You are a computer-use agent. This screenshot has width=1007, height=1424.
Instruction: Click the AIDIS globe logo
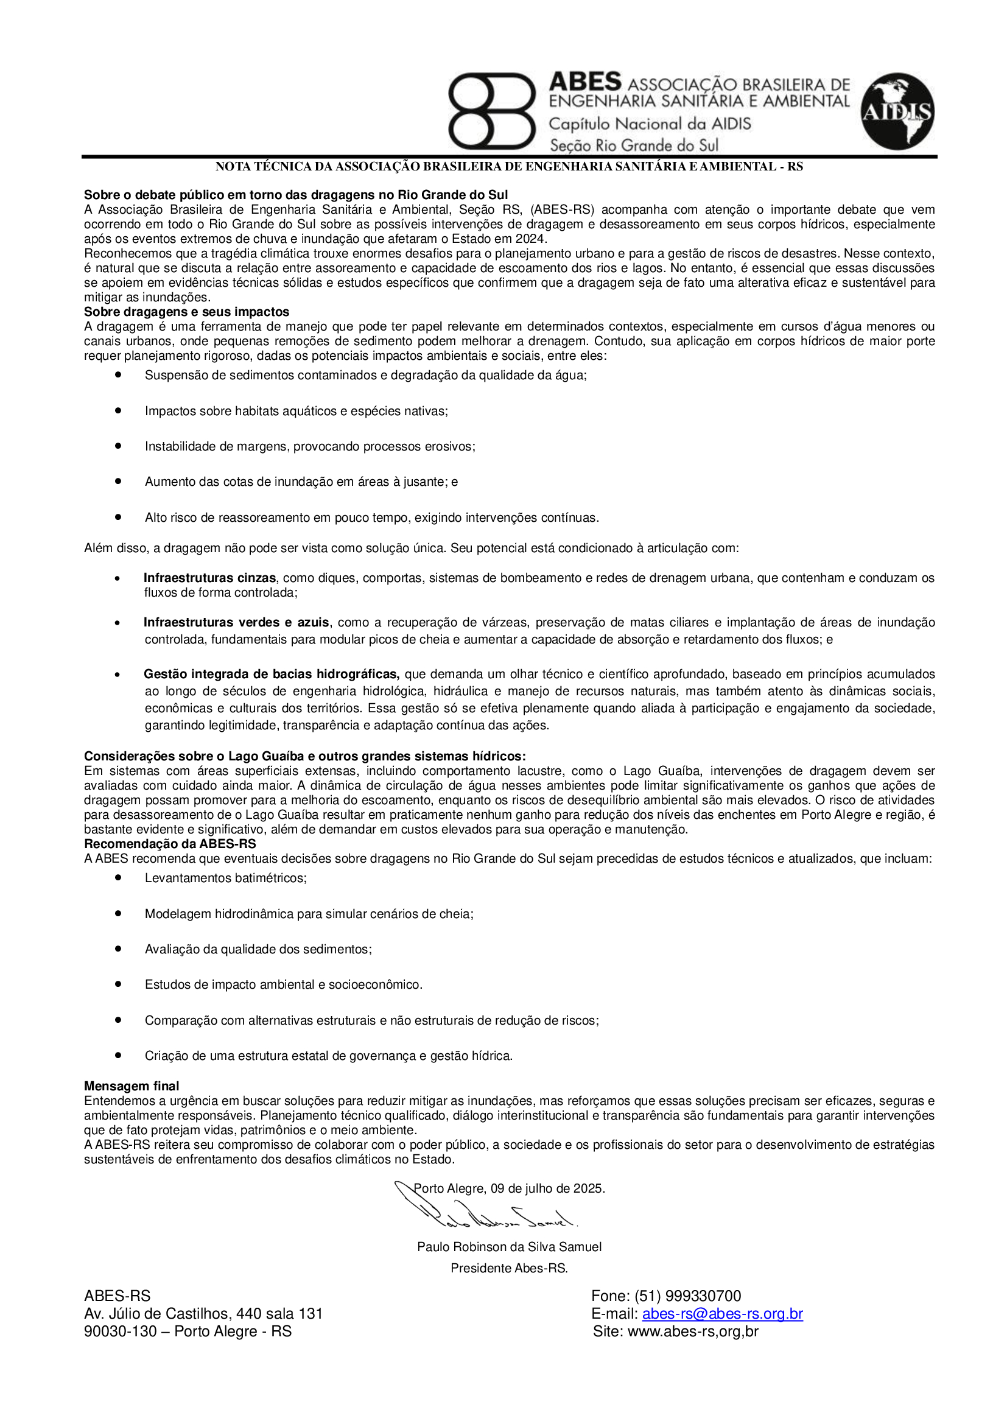tap(897, 111)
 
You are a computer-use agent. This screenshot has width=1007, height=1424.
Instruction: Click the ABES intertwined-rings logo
tap(491, 111)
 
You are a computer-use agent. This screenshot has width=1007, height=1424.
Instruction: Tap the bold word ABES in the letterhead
tap(584, 82)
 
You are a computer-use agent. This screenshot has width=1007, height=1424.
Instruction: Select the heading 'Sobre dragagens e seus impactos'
tap(187, 312)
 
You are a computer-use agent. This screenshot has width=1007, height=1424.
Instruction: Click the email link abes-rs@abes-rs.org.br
tap(723, 1314)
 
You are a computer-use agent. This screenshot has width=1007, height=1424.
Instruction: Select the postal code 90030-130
tap(121, 1331)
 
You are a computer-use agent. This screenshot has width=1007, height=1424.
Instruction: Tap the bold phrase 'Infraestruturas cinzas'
tap(209, 578)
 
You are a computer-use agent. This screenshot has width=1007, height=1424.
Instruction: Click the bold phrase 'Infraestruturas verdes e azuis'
tap(236, 623)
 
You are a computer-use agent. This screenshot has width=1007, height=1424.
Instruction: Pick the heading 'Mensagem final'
tap(132, 1086)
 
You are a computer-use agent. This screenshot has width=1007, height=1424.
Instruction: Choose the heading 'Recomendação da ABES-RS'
tap(170, 843)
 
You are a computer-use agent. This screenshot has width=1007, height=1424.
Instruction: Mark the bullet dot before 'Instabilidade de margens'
tap(118, 446)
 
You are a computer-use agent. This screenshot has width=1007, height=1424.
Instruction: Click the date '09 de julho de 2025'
tap(547, 1188)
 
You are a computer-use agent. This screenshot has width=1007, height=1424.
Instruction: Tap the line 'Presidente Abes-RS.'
tap(509, 1268)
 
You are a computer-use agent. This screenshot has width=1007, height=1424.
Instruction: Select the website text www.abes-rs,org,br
tap(693, 1331)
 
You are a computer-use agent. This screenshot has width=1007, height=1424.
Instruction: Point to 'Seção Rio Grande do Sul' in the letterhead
tap(634, 146)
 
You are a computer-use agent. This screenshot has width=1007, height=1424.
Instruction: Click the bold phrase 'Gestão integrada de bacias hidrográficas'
tap(271, 674)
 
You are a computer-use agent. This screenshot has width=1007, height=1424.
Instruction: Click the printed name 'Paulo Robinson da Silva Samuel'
tap(509, 1247)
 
